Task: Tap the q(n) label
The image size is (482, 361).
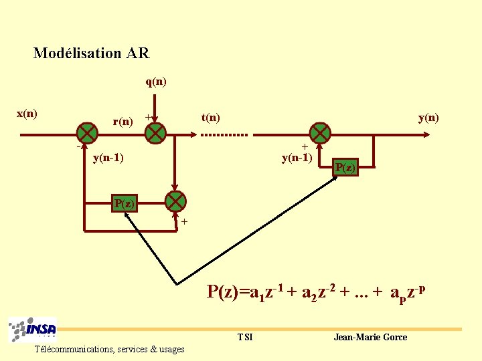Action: (156, 82)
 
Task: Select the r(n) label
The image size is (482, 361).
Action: (123, 122)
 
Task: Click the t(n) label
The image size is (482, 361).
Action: (211, 118)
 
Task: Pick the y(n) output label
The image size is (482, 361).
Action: (428, 118)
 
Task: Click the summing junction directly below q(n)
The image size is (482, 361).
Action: (155, 133)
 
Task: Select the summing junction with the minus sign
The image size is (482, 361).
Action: (86, 133)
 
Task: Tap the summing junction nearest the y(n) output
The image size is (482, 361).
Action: (320, 133)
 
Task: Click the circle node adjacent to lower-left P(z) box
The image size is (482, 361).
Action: (175, 201)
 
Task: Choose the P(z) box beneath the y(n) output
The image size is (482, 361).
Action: (345, 167)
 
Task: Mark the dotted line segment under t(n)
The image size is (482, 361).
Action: (224, 134)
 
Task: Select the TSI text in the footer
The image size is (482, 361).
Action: (245, 337)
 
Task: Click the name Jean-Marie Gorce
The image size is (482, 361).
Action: (370, 337)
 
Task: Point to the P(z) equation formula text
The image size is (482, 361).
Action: (317, 292)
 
